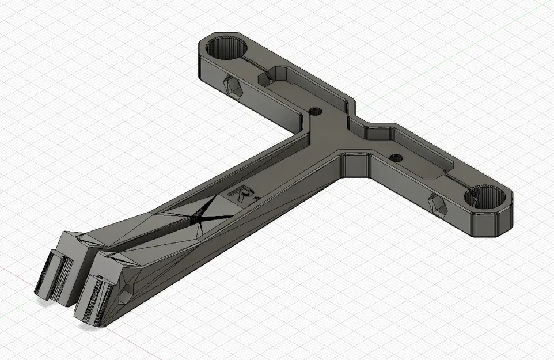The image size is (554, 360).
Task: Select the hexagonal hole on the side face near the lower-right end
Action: (x=438, y=203)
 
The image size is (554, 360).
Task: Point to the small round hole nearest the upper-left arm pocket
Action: (x=315, y=111)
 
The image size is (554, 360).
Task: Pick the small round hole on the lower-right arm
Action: (x=395, y=157)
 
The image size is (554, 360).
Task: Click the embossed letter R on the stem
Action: (x=240, y=194)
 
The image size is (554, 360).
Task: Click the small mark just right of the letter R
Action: (x=255, y=197)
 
